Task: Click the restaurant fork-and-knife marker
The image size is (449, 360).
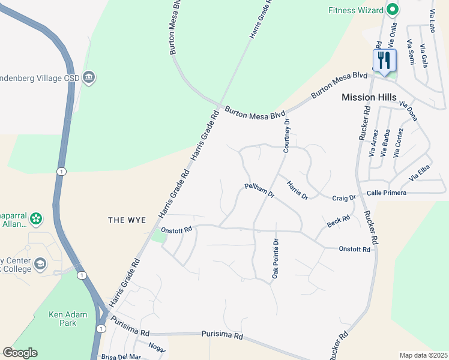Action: [x=384, y=61]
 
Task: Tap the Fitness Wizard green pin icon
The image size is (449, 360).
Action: [x=393, y=10]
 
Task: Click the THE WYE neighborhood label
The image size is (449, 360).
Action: [x=127, y=220]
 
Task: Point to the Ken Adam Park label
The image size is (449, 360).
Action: [x=68, y=319]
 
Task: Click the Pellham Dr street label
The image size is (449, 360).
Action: [x=259, y=191]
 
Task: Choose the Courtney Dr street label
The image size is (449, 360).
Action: [x=287, y=135]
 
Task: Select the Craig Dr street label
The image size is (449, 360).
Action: [x=345, y=197]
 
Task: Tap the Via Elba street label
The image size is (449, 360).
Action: [x=420, y=176]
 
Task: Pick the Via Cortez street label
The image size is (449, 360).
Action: [x=399, y=143]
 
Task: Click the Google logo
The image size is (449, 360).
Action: [x=20, y=353]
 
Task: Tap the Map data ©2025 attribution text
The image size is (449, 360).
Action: [x=423, y=355]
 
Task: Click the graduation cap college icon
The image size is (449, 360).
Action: [x=40, y=263]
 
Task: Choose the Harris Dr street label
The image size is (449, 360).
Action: [x=297, y=190]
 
